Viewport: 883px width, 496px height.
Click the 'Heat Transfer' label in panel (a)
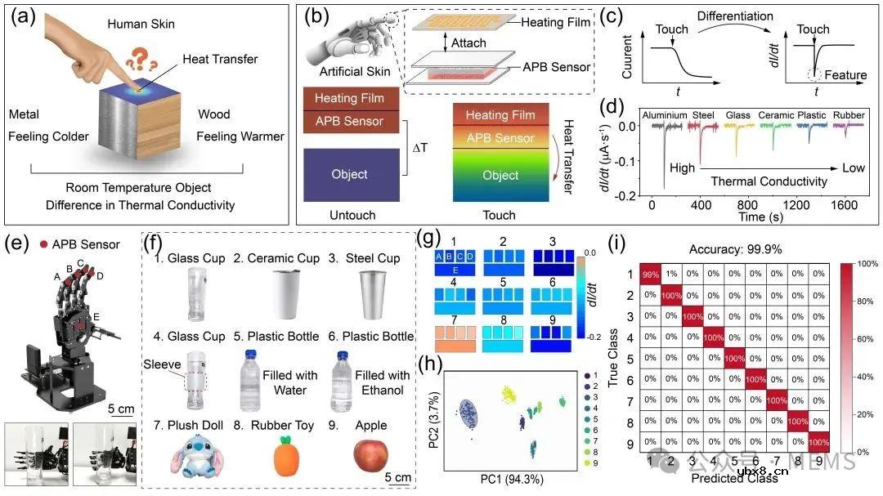[220, 59]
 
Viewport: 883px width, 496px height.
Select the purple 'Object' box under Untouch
[349, 174]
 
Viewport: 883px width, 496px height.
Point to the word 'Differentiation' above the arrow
[735, 16]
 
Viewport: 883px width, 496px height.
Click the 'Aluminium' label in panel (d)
[664, 115]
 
